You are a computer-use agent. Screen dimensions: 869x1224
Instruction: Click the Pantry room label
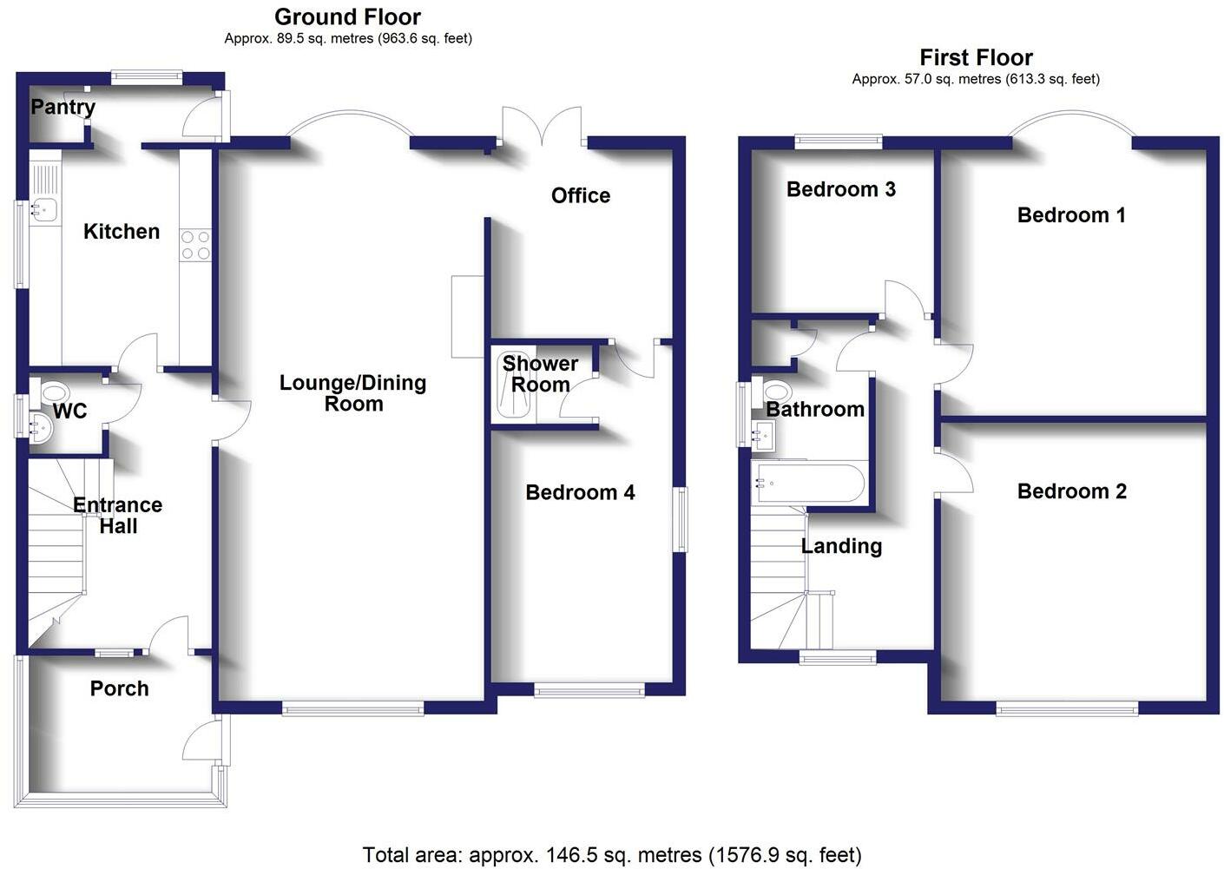tap(63, 107)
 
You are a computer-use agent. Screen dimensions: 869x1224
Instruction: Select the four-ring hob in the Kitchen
tap(195, 245)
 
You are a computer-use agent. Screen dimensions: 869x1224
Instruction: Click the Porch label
tap(119, 688)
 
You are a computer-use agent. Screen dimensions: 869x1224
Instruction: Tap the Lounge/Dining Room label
tap(352, 393)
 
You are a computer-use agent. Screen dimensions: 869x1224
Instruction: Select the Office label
tap(580, 195)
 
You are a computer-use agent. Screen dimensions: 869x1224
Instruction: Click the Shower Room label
tap(540, 374)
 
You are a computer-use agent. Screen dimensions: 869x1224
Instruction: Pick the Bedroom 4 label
tap(580, 492)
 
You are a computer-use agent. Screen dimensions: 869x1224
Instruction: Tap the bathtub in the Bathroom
tap(808, 483)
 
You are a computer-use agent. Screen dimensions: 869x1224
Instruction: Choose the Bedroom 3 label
tap(840, 189)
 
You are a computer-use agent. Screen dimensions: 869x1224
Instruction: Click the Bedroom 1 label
tap(1071, 215)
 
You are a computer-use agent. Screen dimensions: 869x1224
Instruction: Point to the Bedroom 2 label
tap(1071, 491)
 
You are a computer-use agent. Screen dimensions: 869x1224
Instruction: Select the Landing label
tap(841, 546)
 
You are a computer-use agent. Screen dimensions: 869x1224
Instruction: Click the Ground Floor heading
tap(347, 16)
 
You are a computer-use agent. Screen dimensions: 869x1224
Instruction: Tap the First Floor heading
tap(976, 58)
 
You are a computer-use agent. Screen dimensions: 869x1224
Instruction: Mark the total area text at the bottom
tap(612, 855)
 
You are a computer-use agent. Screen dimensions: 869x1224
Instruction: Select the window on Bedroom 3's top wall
tap(838, 140)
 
